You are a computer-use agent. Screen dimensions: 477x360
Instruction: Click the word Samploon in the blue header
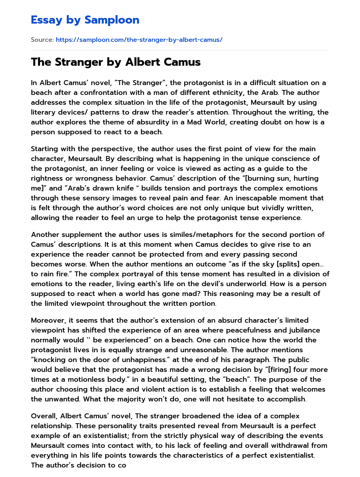(112, 20)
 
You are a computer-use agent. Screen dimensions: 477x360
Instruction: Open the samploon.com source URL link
(139, 40)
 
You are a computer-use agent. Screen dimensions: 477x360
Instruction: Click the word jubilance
(304, 330)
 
